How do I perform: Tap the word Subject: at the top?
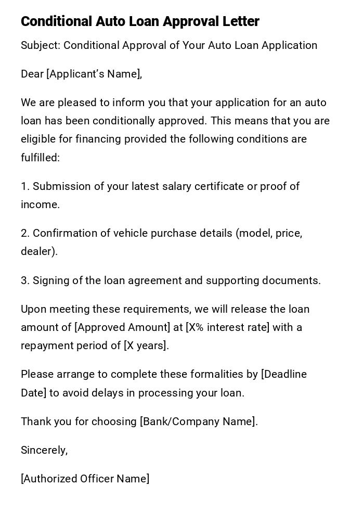pyautogui.click(x=41, y=45)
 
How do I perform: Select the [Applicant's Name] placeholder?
pyautogui.click(x=94, y=74)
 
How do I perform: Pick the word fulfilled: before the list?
pyautogui.click(x=41, y=158)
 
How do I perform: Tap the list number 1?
pyautogui.click(x=24, y=186)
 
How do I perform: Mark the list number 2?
pyautogui.click(x=25, y=233)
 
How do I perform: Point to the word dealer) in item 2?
pyautogui.click(x=39, y=251)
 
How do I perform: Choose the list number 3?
pyautogui.click(x=25, y=280)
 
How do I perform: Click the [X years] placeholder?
pyautogui.click(x=146, y=346)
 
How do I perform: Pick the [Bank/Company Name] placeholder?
pyautogui.click(x=199, y=421)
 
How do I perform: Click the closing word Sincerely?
pyautogui.click(x=44, y=450)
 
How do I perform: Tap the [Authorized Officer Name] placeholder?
pyautogui.click(x=85, y=479)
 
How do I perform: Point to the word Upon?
pyautogui.click(x=33, y=309)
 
